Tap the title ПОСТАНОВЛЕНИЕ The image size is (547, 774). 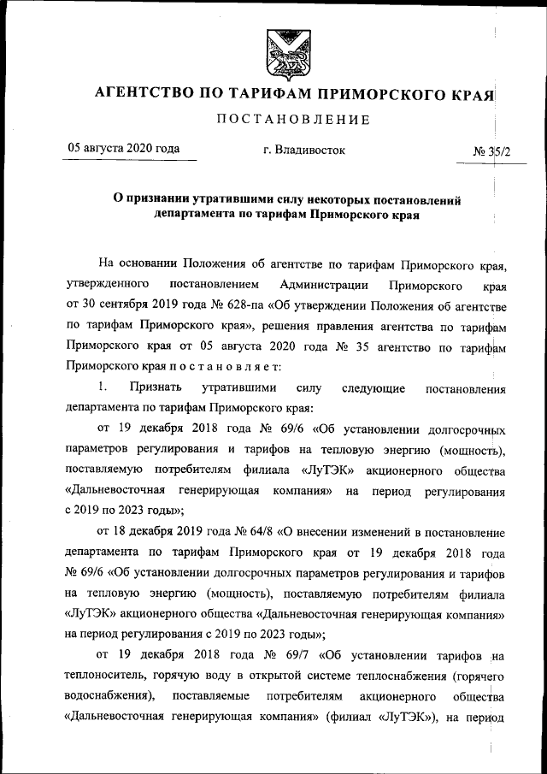click(x=292, y=119)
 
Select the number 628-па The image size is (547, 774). click(x=226, y=303)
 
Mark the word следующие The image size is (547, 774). click(x=373, y=387)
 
